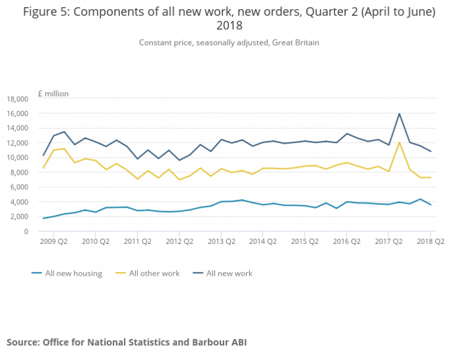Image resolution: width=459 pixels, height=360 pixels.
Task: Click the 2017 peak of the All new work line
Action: point(400,114)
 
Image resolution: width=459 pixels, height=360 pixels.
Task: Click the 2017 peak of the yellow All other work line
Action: point(400,142)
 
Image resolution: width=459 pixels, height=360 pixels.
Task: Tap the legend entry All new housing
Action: point(73,273)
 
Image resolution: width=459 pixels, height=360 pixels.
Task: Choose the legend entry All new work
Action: point(229,273)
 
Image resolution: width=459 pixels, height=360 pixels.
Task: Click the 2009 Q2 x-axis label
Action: point(54,241)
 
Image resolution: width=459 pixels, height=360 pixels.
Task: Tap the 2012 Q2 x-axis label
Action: point(179,241)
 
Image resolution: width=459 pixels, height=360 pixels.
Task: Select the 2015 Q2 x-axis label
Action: point(305,241)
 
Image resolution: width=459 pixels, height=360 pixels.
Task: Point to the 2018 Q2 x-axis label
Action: point(430,241)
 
